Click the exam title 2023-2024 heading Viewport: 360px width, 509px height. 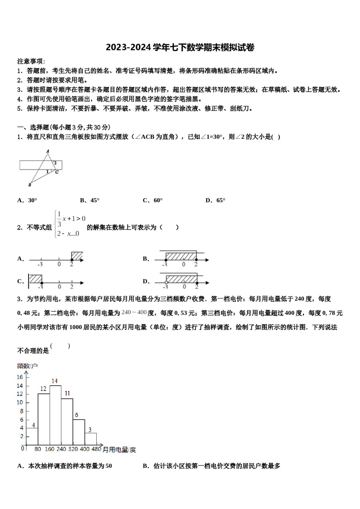click(x=180, y=47)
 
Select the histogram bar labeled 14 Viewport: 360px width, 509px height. click(x=55, y=415)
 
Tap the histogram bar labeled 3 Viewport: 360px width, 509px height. click(x=90, y=438)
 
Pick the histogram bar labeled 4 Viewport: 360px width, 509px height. click(x=32, y=436)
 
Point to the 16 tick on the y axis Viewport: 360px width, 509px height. click(x=20, y=377)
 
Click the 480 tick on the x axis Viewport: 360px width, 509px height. click(x=96, y=449)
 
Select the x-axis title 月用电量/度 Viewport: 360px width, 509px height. click(x=119, y=450)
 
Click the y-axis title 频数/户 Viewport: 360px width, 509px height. click(x=27, y=366)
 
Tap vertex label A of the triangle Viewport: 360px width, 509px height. click(x=48, y=151)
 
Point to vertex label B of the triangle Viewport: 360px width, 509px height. click(x=30, y=185)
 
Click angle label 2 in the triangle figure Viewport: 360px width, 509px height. click(x=55, y=163)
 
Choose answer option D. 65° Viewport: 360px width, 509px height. click(x=215, y=200)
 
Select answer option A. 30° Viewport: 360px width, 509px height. click(x=27, y=200)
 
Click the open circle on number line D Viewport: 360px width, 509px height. click(x=166, y=283)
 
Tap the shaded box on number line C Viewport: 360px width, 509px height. click(x=36, y=278)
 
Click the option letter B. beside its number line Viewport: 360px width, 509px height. click(x=146, y=259)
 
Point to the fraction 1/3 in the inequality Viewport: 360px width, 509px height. click(x=59, y=219)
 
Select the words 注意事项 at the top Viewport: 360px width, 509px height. click(x=31, y=61)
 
